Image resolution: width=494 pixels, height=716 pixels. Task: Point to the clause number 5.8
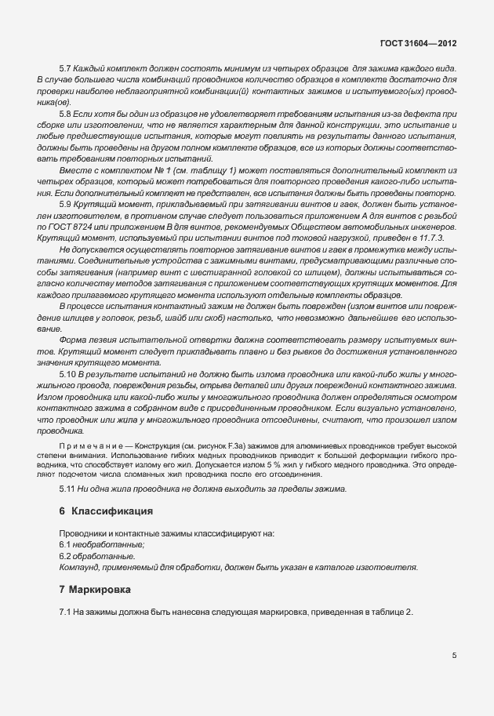tap(66, 114)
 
